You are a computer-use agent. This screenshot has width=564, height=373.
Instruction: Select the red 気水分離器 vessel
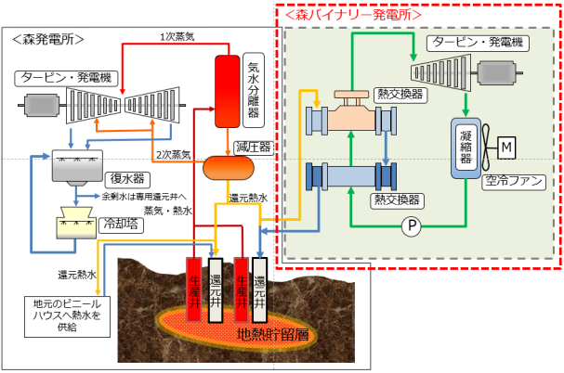(228, 90)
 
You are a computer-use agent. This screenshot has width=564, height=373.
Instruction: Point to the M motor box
(505, 147)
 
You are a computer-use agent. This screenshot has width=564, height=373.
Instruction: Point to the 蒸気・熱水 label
(171, 212)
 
